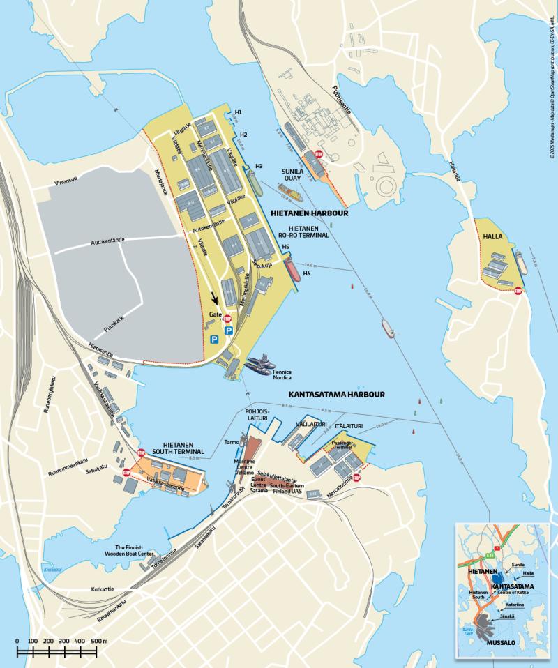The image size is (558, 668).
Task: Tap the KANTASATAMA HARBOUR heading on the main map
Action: coord(336,395)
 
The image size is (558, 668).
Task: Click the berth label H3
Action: coord(259,166)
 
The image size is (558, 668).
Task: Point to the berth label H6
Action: coord(306,273)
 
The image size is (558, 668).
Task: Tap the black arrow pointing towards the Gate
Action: coord(215,298)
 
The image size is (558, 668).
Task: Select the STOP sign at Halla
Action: coord(518,291)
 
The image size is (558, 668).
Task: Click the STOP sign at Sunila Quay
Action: coord(319,155)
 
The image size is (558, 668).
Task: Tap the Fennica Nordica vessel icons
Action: coord(259,365)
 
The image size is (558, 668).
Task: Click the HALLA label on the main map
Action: coord(493,236)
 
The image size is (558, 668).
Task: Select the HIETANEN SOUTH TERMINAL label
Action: coord(183,448)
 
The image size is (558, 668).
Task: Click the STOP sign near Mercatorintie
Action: coord(356,478)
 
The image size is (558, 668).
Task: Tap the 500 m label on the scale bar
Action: coord(100,640)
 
